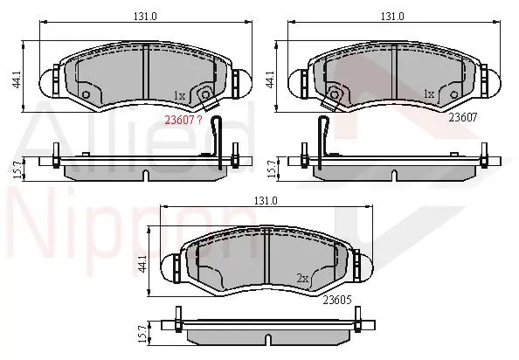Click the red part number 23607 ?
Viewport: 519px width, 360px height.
coord(183,120)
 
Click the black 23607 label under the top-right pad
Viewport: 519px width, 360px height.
coord(463,117)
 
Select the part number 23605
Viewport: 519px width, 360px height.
coord(337,300)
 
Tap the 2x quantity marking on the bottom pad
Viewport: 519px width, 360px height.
coord(302,279)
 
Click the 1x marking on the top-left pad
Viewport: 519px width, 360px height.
coord(180,96)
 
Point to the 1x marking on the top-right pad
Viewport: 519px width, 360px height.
coord(429,94)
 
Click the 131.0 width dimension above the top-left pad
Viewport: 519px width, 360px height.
coord(145,16)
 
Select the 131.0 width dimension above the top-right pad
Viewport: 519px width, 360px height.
coord(392,16)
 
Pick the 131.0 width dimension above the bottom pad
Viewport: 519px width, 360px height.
coord(266,200)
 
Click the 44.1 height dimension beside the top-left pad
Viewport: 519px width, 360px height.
coord(17,80)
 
